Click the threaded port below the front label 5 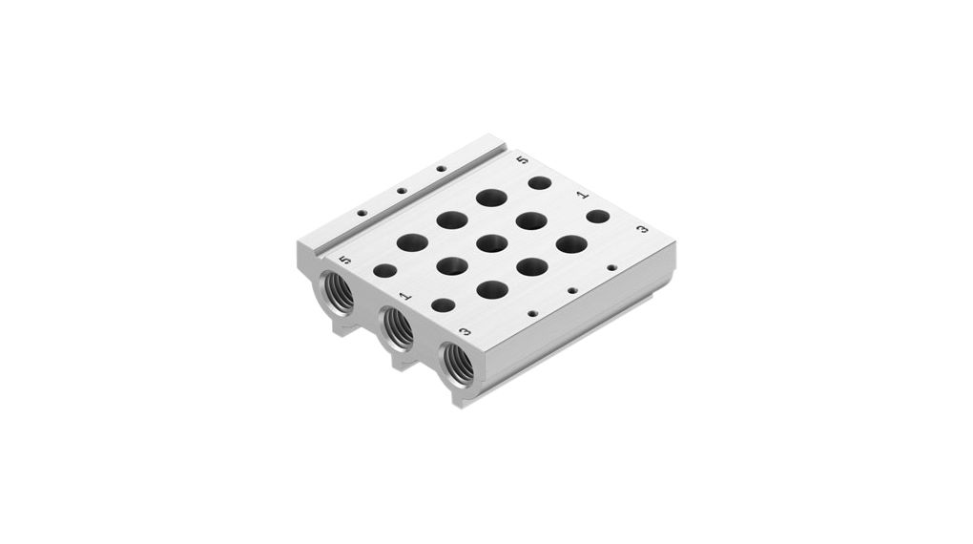click(x=339, y=291)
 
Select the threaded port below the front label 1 click(x=398, y=328)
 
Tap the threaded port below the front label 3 click(x=459, y=364)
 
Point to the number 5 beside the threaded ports click(x=345, y=260)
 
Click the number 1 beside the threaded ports click(x=404, y=296)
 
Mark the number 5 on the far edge click(x=521, y=160)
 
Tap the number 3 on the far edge click(x=642, y=230)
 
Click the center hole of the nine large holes click(x=491, y=242)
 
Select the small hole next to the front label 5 click(x=384, y=271)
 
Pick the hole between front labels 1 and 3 click(x=443, y=305)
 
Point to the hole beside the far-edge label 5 click(x=540, y=182)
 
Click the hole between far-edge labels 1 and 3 click(x=598, y=217)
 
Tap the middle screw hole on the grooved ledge click(x=402, y=191)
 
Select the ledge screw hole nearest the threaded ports click(x=362, y=213)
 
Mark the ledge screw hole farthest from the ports click(x=441, y=169)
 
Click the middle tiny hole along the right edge click(x=571, y=290)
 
